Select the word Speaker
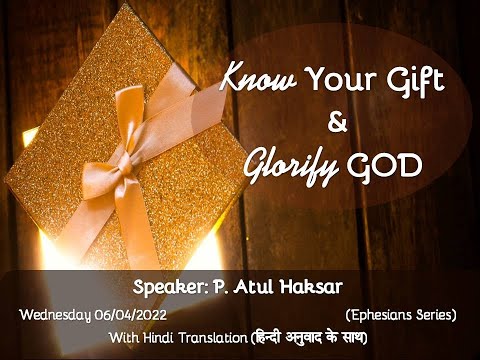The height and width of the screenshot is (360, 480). pyautogui.click(x=170, y=286)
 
